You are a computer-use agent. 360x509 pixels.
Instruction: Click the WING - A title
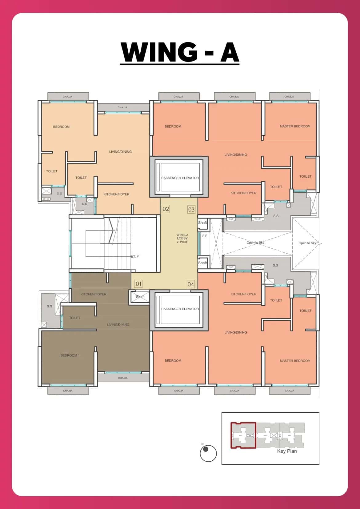[x=180, y=52]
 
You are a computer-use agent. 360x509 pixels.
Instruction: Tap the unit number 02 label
[x=166, y=209]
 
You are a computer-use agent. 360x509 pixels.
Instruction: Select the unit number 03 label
[x=191, y=210]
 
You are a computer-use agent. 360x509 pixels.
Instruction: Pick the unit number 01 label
[x=138, y=284]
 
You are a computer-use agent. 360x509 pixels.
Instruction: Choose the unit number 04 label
[x=191, y=284]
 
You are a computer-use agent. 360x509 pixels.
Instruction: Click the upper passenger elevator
[x=180, y=178]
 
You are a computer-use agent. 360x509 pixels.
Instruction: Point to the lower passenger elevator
[x=180, y=309]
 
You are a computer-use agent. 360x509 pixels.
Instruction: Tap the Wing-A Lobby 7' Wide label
[x=182, y=238]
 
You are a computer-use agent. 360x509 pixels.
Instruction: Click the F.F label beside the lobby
[x=205, y=236]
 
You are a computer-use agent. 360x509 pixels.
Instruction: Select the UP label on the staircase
[x=136, y=256]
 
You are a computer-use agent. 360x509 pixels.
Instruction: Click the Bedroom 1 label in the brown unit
[x=70, y=355]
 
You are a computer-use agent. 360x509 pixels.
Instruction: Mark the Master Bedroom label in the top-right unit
[x=295, y=126]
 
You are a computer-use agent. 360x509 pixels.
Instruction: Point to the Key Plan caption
[x=287, y=451]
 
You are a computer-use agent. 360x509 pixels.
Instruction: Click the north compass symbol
[x=208, y=453]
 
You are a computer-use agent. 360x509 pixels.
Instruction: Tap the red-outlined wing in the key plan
[x=243, y=435]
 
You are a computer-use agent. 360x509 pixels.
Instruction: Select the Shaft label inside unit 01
[x=140, y=297]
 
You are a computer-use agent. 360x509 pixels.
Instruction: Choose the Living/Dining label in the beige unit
[x=120, y=152]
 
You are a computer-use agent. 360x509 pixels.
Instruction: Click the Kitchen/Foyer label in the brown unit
[x=94, y=294]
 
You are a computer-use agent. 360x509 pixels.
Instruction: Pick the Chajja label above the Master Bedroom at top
[x=289, y=97]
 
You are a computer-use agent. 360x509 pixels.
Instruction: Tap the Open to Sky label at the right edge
[x=307, y=243]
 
